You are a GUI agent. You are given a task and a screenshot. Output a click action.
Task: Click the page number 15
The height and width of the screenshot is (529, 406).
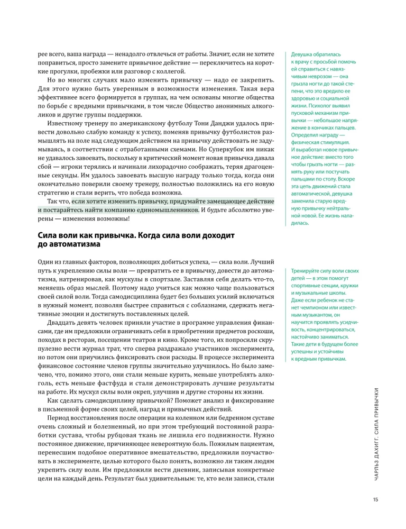(x=374, y=498)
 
